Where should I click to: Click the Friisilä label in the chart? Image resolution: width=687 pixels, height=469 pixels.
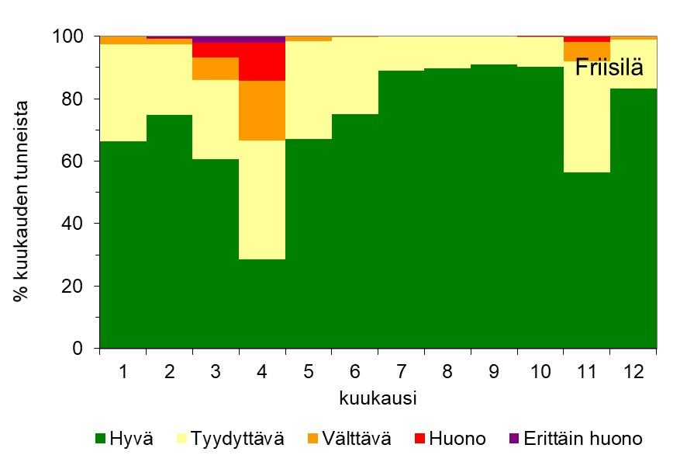[x=609, y=68]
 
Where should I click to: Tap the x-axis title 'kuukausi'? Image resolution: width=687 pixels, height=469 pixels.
[x=378, y=399]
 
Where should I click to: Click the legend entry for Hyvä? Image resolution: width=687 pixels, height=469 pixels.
[x=124, y=439]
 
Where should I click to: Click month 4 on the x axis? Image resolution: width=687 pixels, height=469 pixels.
[x=262, y=371]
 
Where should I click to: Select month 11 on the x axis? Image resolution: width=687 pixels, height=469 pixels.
[x=587, y=371]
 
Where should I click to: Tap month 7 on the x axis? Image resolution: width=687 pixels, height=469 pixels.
[x=402, y=371]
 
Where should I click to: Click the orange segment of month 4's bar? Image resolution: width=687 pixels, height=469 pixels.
[x=262, y=110]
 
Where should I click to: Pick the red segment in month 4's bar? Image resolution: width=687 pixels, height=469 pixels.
[x=262, y=61]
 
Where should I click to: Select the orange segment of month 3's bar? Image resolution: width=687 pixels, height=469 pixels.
[x=216, y=68]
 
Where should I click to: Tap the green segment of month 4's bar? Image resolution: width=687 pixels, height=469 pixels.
[x=262, y=303]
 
